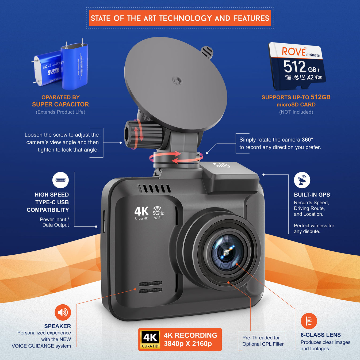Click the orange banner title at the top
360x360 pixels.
point(180,18)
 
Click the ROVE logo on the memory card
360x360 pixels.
point(294,52)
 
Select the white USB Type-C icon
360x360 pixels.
point(60,180)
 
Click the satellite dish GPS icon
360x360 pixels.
point(302,180)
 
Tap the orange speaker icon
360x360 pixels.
point(63,312)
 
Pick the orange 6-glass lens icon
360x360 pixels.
point(309,321)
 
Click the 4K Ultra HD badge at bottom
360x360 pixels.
point(150,339)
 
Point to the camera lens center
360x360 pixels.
point(226,252)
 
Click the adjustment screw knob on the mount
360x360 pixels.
point(143,134)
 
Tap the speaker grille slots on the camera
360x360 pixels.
point(150,287)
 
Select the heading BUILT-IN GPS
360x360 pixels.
point(312,195)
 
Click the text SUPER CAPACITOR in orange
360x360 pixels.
point(60,104)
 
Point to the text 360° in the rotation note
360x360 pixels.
point(307,140)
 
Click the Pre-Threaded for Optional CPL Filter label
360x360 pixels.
point(263,341)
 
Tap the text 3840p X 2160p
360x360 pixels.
point(188,344)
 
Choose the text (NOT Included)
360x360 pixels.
point(296,112)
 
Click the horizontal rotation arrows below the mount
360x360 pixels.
point(176,157)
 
